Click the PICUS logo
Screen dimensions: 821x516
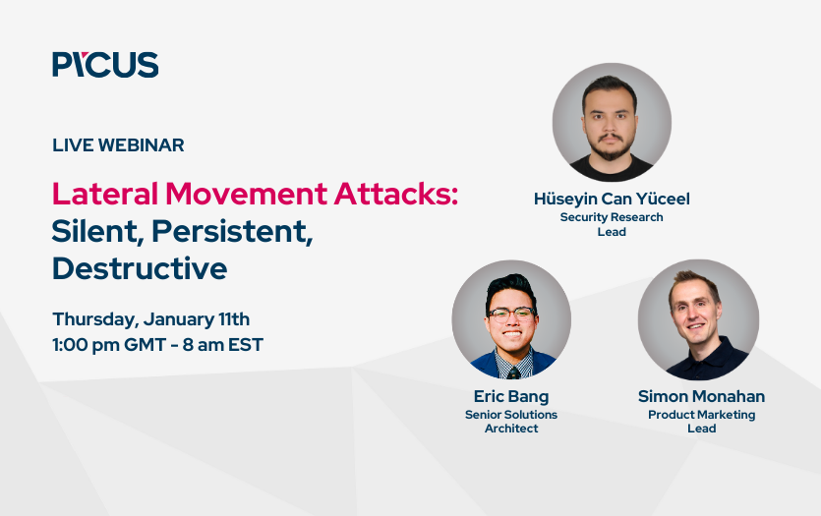point(105,64)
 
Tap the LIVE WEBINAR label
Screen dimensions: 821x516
point(118,144)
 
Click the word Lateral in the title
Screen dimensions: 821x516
point(105,194)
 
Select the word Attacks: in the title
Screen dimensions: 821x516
point(396,194)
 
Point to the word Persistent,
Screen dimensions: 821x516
point(232,231)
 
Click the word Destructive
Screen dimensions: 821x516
point(140,268)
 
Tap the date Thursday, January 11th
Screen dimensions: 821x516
point(151,319)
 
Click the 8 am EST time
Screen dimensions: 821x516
point(223,345)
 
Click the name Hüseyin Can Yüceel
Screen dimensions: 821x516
point(612,199)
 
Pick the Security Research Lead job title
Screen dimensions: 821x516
point(612,224)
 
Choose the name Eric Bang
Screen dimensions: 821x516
point(511,397)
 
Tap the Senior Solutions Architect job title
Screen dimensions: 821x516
point(511,422)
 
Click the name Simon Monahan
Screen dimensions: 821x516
point(701,397)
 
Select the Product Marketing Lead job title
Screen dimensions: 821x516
point(702,422)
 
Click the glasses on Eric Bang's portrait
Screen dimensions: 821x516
point(511,314)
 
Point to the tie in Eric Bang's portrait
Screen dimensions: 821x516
point(513,373)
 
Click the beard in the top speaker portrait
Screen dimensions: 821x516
point(611,148)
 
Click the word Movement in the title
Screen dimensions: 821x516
point(246,194)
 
